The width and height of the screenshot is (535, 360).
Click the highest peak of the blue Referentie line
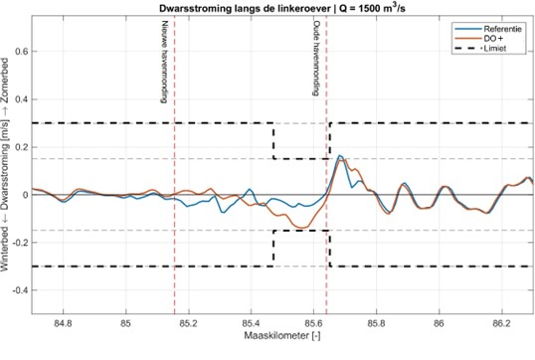tap(340, 155)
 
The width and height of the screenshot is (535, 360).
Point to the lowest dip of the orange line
tap(300, 229)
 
